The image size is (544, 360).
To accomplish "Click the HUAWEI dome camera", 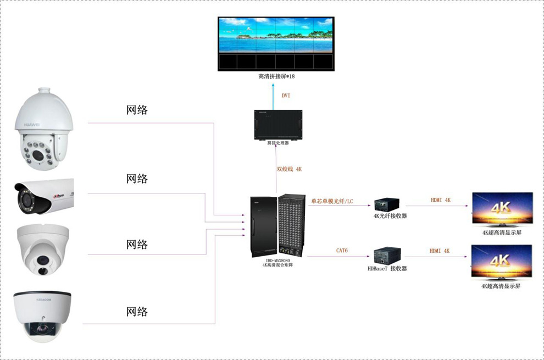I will (x=43, y=129).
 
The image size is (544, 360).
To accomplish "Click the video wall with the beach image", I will (x=276, y=43).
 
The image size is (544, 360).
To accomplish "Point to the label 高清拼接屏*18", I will (x=276, y=76).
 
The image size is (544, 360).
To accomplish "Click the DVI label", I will (x=286, y=96).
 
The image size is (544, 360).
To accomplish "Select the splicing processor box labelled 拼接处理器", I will (x=277, y=125).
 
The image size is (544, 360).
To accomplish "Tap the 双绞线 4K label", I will (x=289, y=169).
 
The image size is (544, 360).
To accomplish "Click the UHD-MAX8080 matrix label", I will (x=277, y=263).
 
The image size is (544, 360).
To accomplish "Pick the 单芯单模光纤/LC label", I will (x=332, y=201).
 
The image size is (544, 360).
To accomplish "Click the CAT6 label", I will (x=342, y=251).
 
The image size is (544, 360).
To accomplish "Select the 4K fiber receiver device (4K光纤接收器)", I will (x=387, y=205).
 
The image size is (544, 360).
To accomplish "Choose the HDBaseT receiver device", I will (x=387, y=256).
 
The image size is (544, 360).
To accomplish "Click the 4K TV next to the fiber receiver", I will (x=502, y=209).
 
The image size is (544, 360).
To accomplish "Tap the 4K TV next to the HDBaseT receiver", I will (x=502, y=262).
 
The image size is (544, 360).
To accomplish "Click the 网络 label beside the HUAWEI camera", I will (x=137, y=110).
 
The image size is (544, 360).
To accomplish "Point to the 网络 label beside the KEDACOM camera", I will (x=137, y=312).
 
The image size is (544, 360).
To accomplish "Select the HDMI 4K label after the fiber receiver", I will (x=440, y=200).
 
